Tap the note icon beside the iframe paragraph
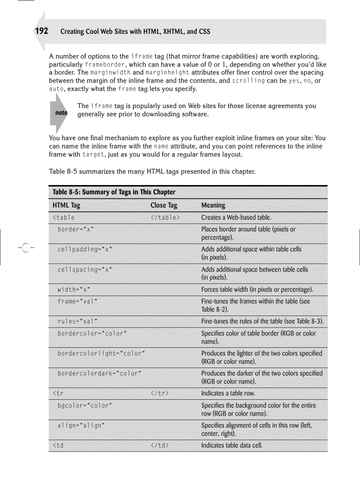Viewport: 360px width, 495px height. tap(61, 113)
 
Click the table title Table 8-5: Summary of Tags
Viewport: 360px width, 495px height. tap(114, 192)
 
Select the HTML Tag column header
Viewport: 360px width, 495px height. tap(66, 205)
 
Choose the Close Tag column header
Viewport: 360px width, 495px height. tap(164, 205)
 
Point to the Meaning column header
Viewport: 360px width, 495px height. tap(213, 205)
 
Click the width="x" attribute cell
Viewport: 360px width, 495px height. tap(74, 290)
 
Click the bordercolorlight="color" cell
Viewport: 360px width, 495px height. tap(102, 354)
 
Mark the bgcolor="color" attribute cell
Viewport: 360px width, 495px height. tap(84, 405)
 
